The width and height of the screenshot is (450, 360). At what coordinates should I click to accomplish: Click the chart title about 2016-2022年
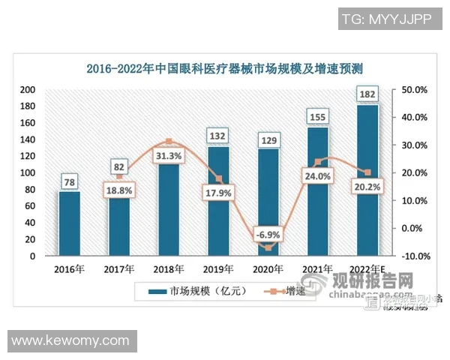point(225,69)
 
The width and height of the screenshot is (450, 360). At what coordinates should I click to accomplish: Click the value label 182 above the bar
point(368,94)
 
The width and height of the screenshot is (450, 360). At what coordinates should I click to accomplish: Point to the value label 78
point(69,181)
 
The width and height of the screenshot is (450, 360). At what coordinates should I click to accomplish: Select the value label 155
point(319,117)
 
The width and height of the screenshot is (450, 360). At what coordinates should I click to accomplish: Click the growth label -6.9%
point(268,235)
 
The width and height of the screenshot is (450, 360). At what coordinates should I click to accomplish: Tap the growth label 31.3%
point(168,155)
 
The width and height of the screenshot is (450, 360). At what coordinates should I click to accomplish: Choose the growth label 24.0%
point(318,176)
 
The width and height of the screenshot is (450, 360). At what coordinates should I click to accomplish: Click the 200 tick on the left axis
point(28,89)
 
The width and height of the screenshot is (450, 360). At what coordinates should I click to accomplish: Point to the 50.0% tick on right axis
point(415,89)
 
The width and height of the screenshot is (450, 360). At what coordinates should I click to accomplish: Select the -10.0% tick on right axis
point(415,256)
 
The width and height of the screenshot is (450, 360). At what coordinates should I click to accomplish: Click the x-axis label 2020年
point(268,270)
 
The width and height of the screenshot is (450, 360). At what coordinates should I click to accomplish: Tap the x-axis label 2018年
point(168,270)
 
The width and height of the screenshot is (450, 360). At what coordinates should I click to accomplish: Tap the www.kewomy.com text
point(70,340)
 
